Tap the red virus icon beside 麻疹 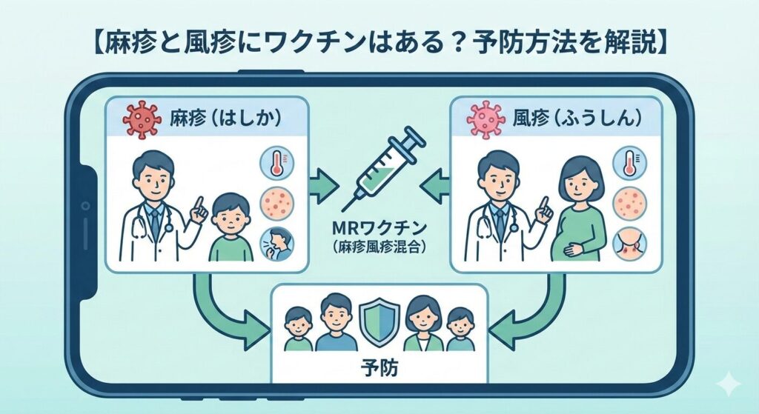(x=141, y=119)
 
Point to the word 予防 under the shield (x=379, y=367)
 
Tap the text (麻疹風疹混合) (x=379, y=248)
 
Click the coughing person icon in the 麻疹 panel (x=276, y=244)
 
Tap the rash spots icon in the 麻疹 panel (x=276, y=204)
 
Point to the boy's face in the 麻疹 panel (x=230, y=215)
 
